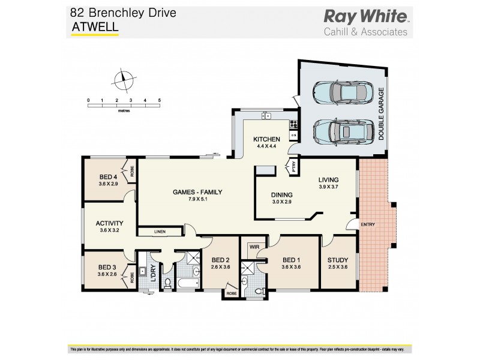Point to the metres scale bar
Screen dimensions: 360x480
[x=124, y=106]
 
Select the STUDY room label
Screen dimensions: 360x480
[x=337, y=260]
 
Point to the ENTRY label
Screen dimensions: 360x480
[x=367, y=225]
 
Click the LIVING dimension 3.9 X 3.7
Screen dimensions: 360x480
[x=328, y=187]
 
